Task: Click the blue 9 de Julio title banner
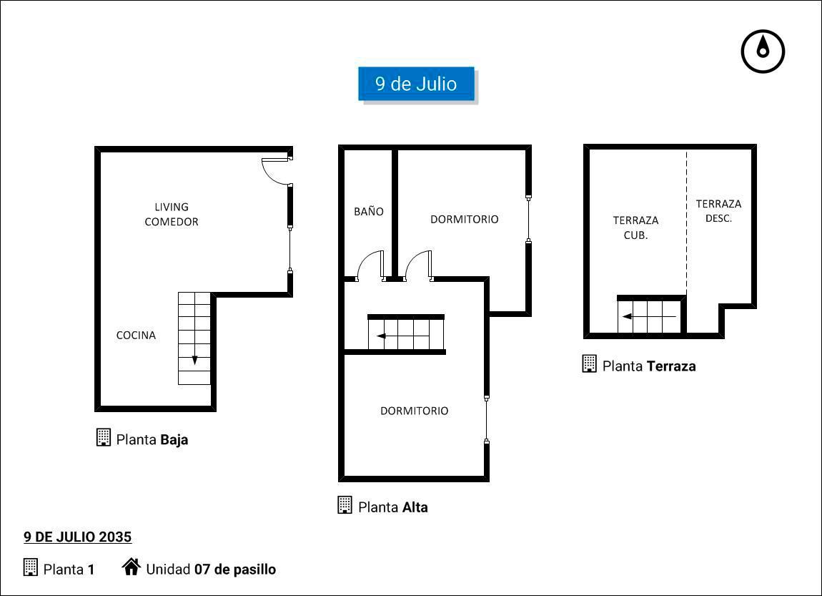point(416,84)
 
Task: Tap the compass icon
point(763,52)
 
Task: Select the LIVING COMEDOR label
point(172,215)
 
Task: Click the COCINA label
point(136,336)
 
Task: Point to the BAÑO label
point(369,212)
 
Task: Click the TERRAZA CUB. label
point(635,228)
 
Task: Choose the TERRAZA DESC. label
point(718,211)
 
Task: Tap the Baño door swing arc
point(365,259)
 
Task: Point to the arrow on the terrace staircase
point(649,316)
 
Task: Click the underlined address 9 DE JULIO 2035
point(78,537)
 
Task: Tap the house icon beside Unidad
point(131,567)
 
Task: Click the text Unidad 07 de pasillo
point(211,570)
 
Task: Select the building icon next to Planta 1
point(31,567)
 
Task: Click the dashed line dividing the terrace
point(687,223)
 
